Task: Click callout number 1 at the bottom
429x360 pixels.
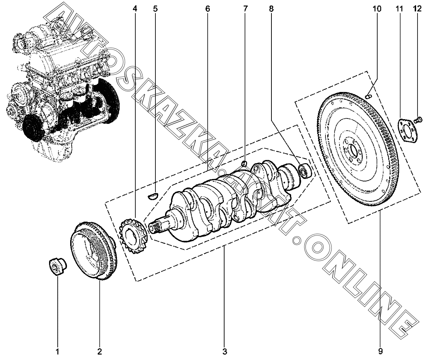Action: (57, 351)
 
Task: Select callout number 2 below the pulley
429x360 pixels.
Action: (100, 351)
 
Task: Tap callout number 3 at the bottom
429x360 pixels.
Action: (225, 351)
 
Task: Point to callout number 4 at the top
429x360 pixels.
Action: (135, 9)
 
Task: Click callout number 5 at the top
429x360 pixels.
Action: (155, 9)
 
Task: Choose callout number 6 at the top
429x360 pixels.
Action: (208, 9)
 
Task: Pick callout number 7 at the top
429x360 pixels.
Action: (245, 9)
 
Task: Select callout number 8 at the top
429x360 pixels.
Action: (271, 9)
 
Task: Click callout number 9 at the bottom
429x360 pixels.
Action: (381, 351)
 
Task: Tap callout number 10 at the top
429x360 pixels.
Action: (377, 9)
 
